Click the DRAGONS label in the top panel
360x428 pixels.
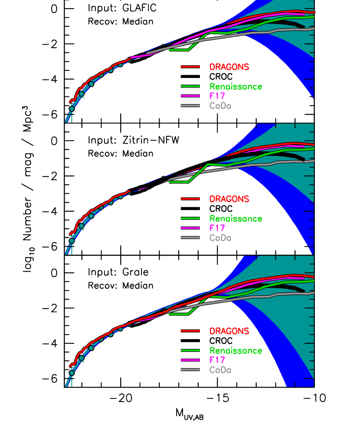point(229,67)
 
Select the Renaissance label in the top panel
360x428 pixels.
point(236,87)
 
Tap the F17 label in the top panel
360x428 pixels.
point(217,96)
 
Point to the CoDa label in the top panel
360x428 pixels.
point(220,106)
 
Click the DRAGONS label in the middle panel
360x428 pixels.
point(229,199)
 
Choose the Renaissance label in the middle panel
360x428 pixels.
point(236,219)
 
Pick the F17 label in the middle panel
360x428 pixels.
point(217,228)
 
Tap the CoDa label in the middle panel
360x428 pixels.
point(220,238)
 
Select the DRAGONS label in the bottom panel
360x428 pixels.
point(229,331)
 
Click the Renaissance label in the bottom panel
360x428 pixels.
point(236,351)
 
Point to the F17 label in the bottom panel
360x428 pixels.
point(217,360)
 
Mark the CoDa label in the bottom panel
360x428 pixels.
point(220,370)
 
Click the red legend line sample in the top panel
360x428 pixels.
point(190,67)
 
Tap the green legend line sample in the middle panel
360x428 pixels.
point(190,218)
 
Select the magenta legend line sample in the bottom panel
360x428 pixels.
point(190,360)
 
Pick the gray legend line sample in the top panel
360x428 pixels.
point(190,105)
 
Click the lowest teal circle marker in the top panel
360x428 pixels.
point(72,109)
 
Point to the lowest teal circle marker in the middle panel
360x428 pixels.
point(72,240)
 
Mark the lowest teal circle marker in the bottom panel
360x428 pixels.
point(72,372)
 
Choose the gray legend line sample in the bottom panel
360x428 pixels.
point(190,369)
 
